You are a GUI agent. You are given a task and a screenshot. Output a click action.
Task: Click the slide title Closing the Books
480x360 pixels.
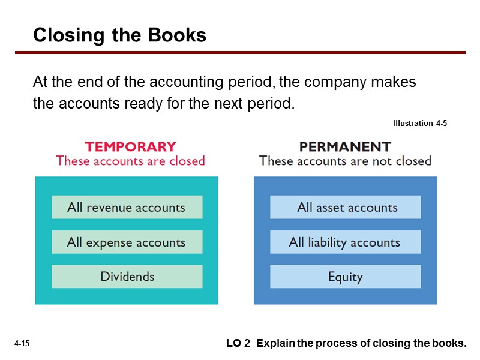click(x=119, y=35)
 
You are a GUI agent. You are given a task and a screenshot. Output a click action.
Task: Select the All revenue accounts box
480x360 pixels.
click(x=127, y=208)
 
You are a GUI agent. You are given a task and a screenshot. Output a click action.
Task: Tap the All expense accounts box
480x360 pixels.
click(x=127, y=242)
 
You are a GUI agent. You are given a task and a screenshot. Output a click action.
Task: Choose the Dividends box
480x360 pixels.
click(x=127, y=277)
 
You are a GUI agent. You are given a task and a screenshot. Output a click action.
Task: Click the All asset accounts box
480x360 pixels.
click(x=346, y=208)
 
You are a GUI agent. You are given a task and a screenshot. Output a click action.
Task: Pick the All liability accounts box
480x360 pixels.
click(x=346, y=242)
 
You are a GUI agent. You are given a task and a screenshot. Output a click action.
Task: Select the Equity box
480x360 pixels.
click(x=346, y=277)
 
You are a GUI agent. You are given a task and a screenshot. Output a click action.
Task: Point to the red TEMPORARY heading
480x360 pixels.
click(x=130, y=146)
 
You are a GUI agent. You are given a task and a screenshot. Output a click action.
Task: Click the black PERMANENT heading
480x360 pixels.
click(x=345, y=146)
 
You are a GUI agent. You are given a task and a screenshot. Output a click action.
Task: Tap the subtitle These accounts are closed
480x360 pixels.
click(x=130, y=161)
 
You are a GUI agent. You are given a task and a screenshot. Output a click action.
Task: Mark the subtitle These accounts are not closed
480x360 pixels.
click(x=345, y=161)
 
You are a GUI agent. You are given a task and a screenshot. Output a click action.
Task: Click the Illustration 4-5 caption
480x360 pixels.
click(x=420, y=124)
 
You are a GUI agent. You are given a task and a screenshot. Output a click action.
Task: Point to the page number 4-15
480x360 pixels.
click(x=22, y=344)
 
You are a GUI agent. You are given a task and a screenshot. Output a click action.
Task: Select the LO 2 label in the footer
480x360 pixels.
click(x=238, y=344)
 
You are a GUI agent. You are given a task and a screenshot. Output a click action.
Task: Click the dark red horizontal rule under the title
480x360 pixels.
click(x=240, y=53)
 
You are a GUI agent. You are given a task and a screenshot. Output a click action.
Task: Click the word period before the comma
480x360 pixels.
click(x=248, y=82)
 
